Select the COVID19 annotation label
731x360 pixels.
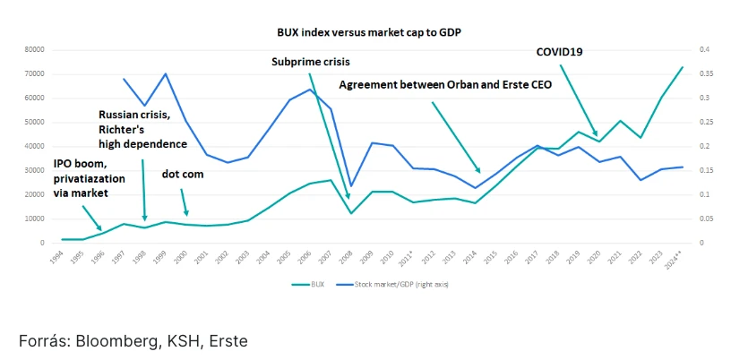560,52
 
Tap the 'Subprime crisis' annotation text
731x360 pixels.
311,62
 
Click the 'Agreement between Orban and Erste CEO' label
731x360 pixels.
445,85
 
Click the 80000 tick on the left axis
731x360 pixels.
34,50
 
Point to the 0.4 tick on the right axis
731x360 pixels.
705,50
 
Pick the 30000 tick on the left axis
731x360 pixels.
34,170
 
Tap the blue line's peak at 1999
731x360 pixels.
166,73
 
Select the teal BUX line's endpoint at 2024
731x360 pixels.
683,67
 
